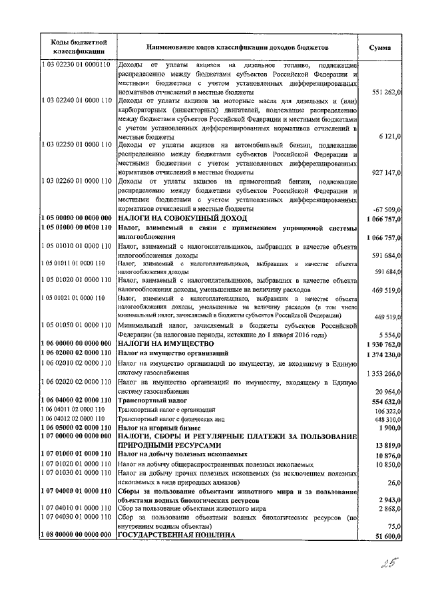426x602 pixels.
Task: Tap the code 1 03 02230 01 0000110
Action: pos(77,65)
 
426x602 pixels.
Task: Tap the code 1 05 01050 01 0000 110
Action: pos(77,325)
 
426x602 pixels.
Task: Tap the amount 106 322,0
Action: pos(385,411)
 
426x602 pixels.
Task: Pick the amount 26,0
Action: pos(393,482)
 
